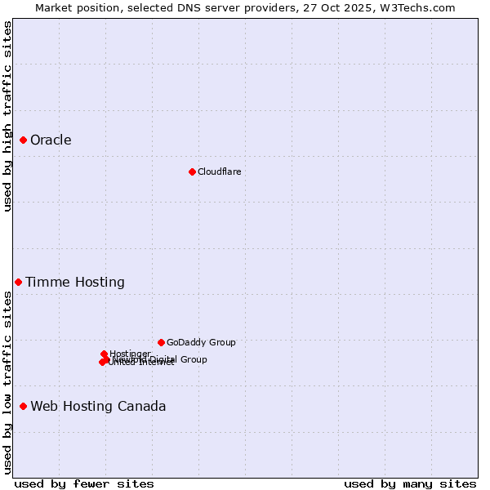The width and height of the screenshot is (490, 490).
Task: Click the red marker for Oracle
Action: [24, 140]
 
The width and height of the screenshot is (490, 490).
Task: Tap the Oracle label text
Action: [51, 140]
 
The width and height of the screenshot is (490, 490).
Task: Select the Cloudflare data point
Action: [192, 171]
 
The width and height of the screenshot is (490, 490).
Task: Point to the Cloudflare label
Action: [219, 171]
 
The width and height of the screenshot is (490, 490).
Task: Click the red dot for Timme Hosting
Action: [18, 282]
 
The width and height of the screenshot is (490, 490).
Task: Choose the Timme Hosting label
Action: [75, 283]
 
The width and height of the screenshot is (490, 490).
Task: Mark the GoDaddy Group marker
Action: [161, 342]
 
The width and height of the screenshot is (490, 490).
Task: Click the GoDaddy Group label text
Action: [201, 343]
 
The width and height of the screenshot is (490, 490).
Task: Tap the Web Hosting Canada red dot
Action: [24, 406]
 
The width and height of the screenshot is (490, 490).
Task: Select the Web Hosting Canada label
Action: [98, 407]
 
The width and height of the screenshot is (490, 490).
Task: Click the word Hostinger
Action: [130, 354]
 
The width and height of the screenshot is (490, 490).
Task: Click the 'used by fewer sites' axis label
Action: [84, 483]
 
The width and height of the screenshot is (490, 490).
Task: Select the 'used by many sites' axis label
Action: [410, 483]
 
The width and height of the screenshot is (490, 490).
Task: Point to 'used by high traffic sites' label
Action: [8, 117]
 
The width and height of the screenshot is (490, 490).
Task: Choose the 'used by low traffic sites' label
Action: [8, 382]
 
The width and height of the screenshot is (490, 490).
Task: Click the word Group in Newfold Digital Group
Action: [194, 359]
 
